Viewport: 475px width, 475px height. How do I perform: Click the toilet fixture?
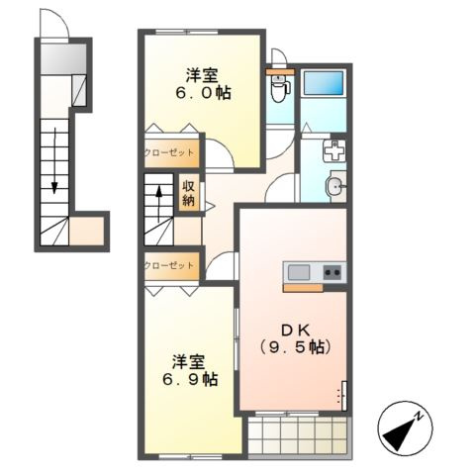pos(280,86)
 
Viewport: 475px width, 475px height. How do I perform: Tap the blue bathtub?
pos(324,83)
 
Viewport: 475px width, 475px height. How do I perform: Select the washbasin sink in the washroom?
pos(335,188)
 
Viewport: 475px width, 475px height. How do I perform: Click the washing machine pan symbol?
pos(334,150)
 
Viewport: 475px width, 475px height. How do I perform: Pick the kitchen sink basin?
pos(299,273)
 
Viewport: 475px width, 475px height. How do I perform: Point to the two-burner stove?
pos(332,272)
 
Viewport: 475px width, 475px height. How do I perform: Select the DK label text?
pos(295,330)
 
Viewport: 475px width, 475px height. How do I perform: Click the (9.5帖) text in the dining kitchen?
pos(295,347)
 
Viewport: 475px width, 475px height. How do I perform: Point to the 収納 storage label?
pos(189,194)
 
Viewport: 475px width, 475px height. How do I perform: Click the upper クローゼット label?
pos(169,152)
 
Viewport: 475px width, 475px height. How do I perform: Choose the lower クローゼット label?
pos(169,265)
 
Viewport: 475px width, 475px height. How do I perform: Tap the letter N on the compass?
pos(419,416)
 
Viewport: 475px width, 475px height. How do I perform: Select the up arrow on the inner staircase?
pos(159,205)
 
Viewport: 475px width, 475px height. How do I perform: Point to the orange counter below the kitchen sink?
pos(303,288)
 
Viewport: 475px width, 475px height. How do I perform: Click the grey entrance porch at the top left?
pos(63,59)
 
